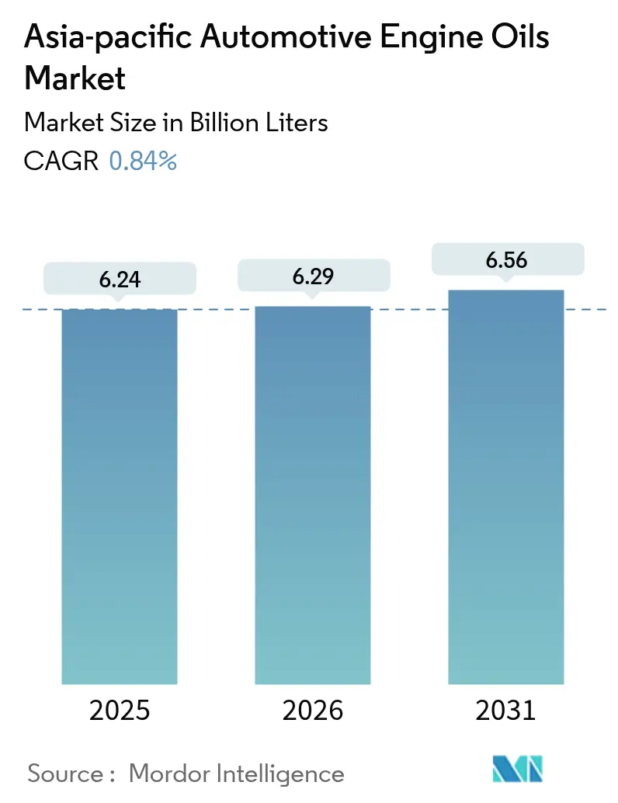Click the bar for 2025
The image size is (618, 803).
[x=120, y=496]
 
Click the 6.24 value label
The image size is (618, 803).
[x=120, y=280]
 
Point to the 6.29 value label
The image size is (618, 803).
[x=313, y=276]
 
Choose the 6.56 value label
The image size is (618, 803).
[x=506, y=260]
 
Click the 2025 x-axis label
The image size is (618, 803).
[x=120, y=711]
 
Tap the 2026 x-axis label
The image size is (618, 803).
[x=313, y=711]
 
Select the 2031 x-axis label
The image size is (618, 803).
[x=506, y=711]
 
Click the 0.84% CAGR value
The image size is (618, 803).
[x=143, y=161]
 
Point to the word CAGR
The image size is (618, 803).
[x=61, y=161]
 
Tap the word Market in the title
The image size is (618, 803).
[x=75, y=78]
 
